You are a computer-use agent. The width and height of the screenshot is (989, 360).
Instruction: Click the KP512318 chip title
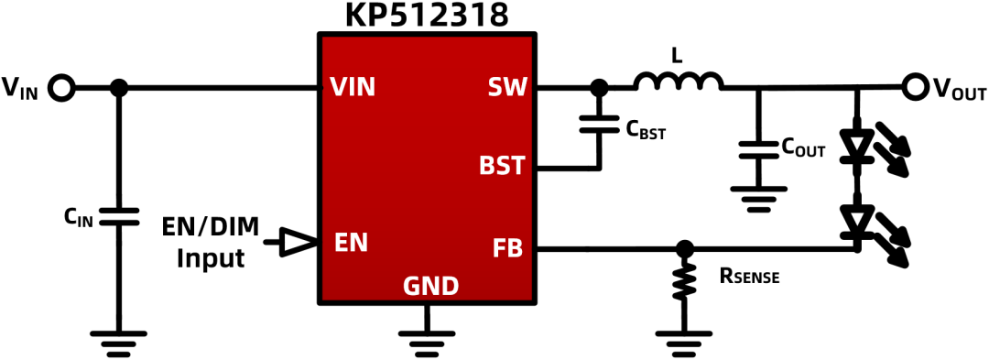427,15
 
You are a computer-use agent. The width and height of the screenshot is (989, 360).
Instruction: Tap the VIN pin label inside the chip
353,88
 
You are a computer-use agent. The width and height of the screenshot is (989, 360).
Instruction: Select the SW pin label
506,88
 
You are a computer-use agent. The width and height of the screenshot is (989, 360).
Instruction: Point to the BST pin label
502,167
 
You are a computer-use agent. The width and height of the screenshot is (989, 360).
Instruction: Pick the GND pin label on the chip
430,288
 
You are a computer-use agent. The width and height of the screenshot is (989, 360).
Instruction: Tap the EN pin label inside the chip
352,243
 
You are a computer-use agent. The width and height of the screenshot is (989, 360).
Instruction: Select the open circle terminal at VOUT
914,88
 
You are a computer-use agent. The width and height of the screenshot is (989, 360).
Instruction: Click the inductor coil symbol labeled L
679,82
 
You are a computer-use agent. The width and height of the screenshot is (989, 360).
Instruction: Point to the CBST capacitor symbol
599,124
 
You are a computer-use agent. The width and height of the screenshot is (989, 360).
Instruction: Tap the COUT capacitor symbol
759,150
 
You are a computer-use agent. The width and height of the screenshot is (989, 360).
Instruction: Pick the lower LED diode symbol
856,221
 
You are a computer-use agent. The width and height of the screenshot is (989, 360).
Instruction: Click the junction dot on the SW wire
598,88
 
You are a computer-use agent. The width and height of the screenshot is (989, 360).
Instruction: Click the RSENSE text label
749,276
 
